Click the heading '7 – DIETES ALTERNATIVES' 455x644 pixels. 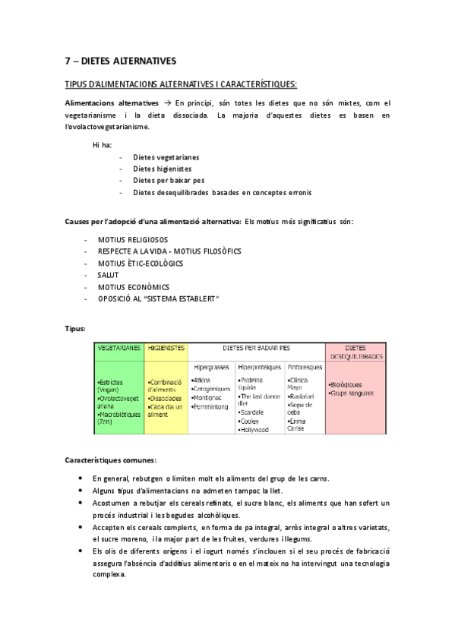[x=120, y=60]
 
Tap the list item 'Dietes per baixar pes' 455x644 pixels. [x=169, y=180]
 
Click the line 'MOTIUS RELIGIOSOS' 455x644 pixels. [x=133, y=239]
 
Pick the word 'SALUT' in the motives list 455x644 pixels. [x=109, y=275]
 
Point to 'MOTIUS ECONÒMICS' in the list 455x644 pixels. [x=134, y=287]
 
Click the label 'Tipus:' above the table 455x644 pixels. [x=75, y=328]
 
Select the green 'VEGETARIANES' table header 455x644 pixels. [x=119, y=348]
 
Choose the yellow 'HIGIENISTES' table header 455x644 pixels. [x=166, y=348]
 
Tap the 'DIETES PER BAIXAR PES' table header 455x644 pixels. [x=256, y=348]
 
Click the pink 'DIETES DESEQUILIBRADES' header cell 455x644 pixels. [x=355, y=352]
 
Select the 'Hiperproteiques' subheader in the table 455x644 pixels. [x=260, y=366]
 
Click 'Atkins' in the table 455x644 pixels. [x=201, y=380]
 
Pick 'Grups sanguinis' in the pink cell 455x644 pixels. [x=352, y=393]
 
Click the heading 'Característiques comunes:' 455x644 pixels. [x=111, y=460]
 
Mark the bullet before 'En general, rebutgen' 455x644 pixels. [x=81, y=478]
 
